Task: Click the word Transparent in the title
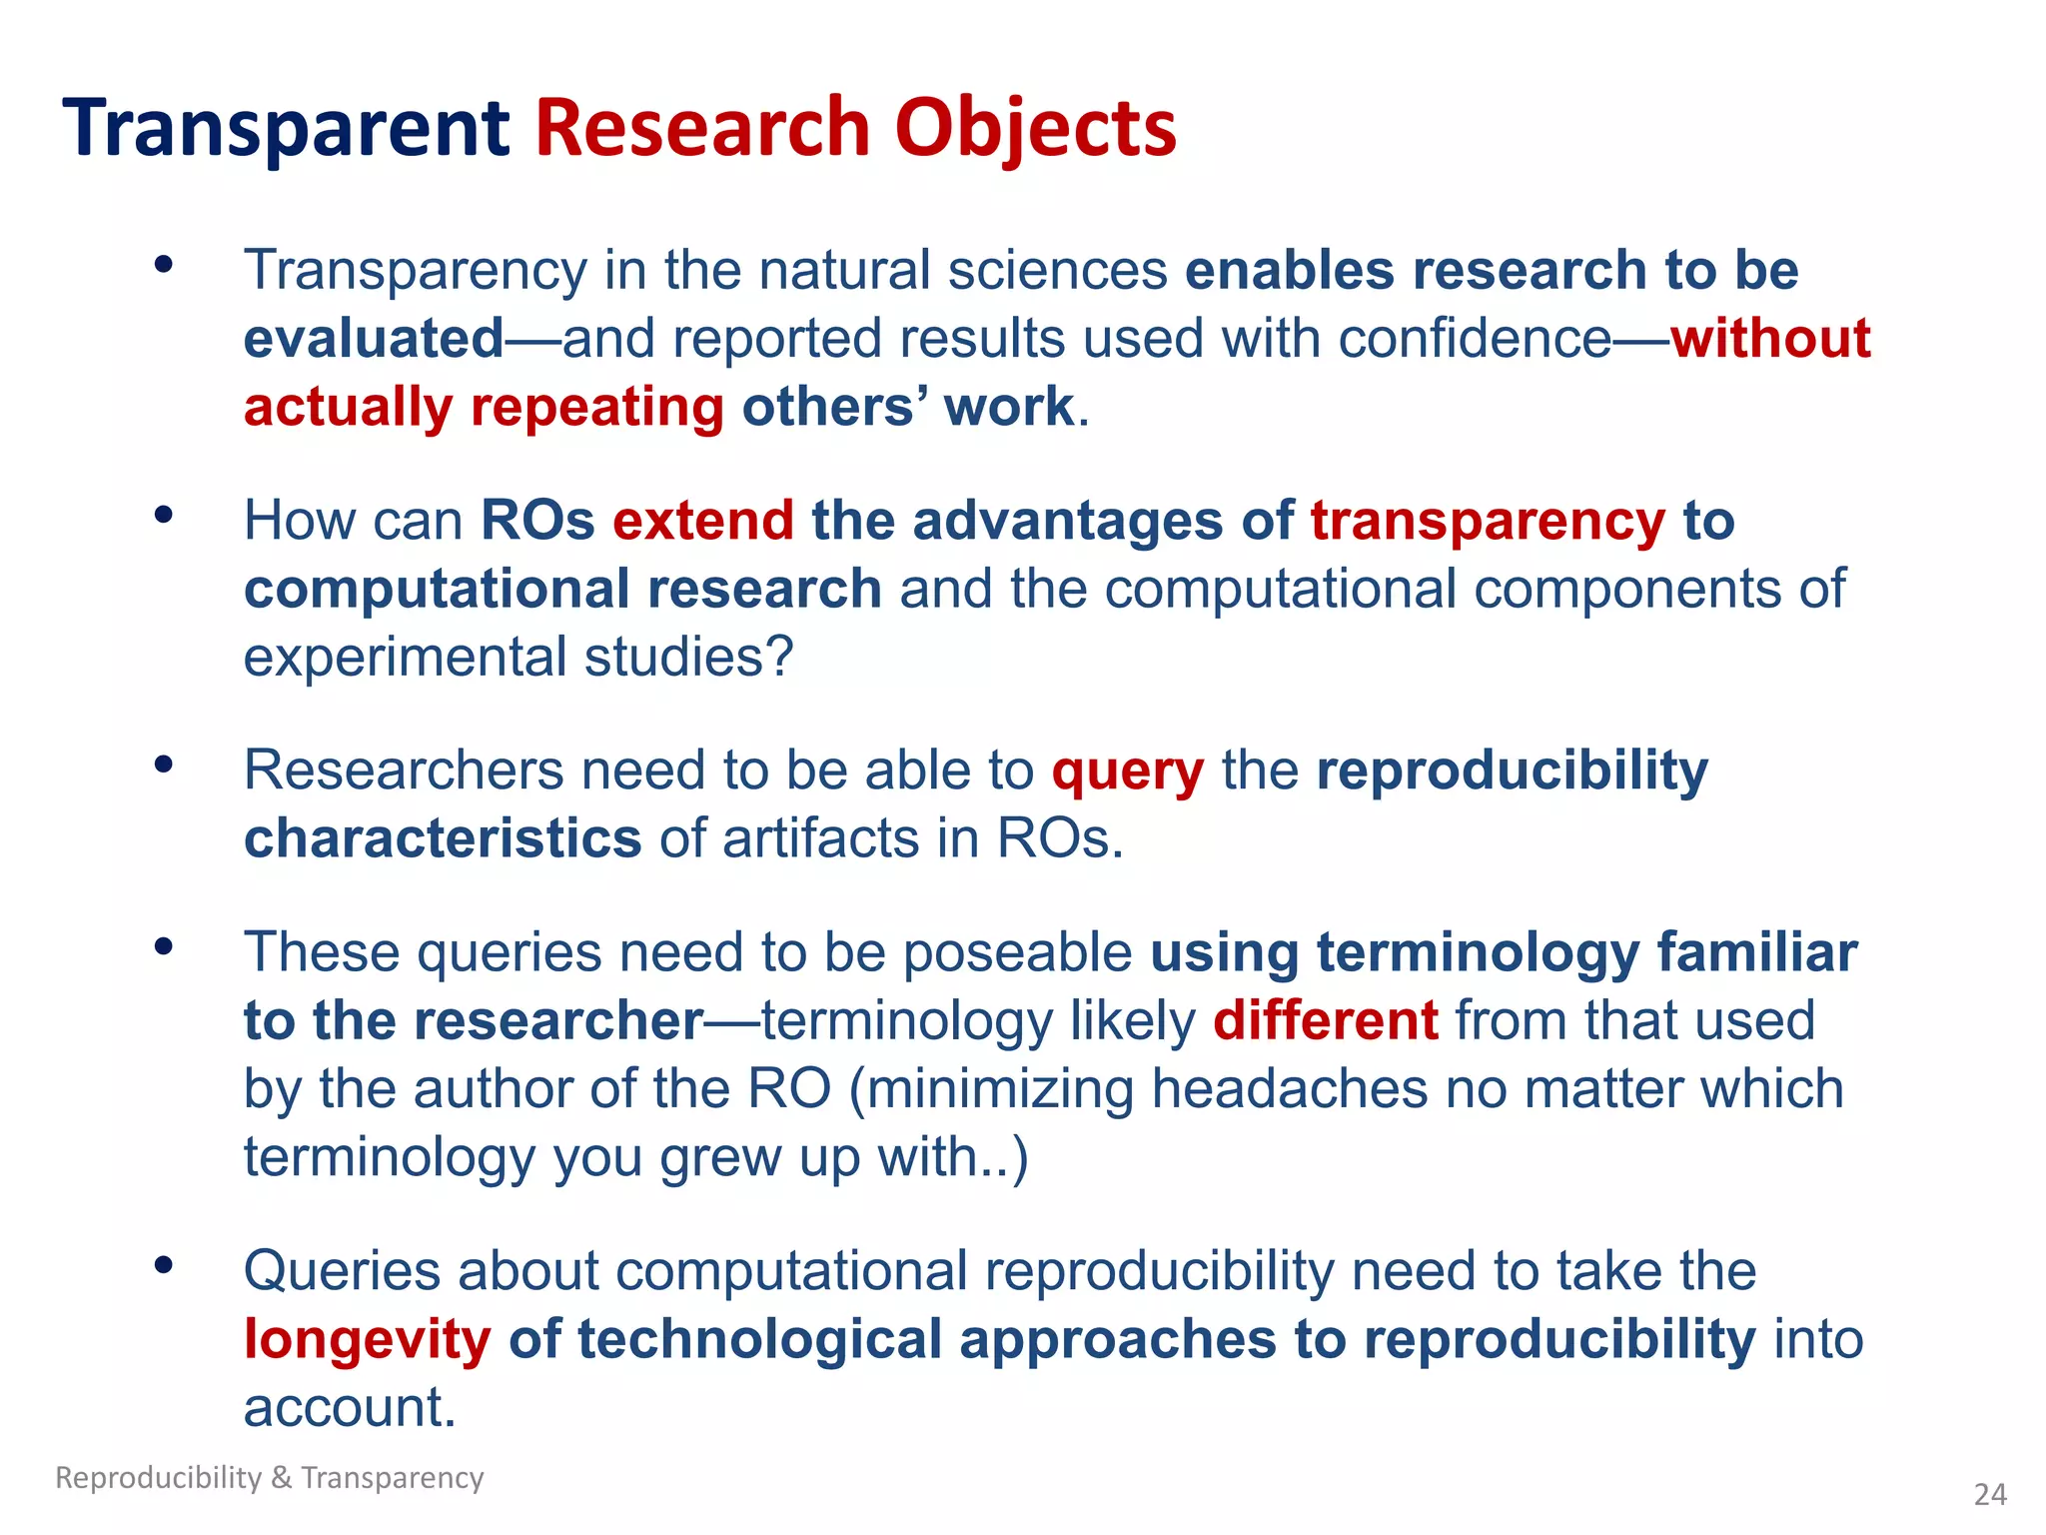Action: point(287,128)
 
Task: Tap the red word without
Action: point(1770,338)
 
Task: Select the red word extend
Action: point(703,521)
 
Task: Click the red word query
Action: point(1127,772)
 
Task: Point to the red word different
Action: point(1326,1020)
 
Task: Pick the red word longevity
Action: point(368,1340)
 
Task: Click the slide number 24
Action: point(1990,1494)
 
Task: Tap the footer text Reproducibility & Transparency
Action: point(270,1477)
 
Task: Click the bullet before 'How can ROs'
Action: point(164,516)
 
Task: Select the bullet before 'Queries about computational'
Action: point(164,1265)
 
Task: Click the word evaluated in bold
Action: point(374,339)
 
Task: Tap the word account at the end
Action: point(350,1407)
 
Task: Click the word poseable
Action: point(1016,952)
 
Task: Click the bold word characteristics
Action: point(443,838)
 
